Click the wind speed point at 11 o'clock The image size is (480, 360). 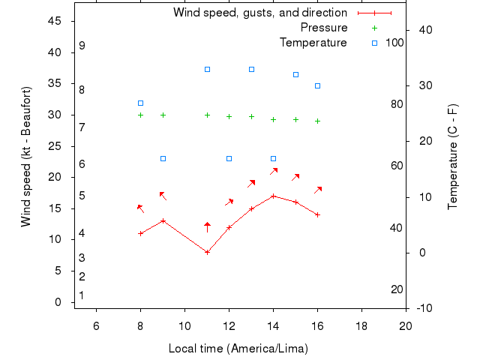click(x=207, y=252)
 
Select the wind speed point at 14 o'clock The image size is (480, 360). click(x=273, y=196)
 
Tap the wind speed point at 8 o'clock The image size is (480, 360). click(x=140, y=233)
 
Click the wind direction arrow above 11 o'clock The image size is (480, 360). click(x=207, y=226)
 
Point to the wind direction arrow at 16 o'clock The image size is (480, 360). click(x=318, y=190)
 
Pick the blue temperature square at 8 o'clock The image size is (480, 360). click(x=140, y=103)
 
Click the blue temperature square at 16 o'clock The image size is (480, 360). click(x=317, y=85)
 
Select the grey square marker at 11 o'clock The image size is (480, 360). click(x=207, y=69)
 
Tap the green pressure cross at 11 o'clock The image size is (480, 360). click(x=207, y=115)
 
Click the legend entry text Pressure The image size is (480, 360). click(x=323, y=28)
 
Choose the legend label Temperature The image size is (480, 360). click(x=313, y=43)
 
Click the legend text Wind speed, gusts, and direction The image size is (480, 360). click(x=259, y=13)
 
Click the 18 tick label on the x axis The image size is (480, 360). click(x=361, y=325)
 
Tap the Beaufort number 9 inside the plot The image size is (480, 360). click(x=82, y=46)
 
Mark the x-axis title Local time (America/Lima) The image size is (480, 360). click(x=238, y=349)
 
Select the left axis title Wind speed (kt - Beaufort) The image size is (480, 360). click(x=26, y=157)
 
